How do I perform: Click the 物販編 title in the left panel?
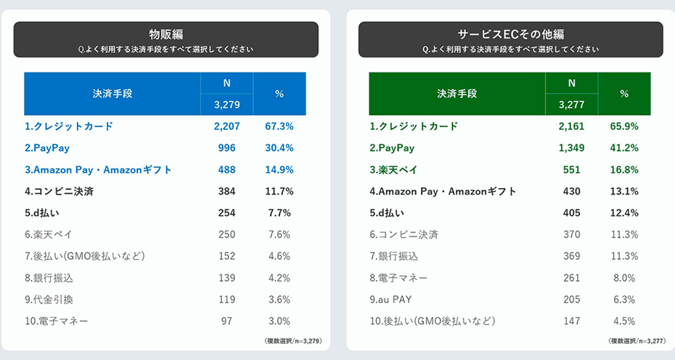(x=165, y=34)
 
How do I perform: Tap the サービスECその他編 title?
(x=510, y=34)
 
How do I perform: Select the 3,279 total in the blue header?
(x=226, y=105)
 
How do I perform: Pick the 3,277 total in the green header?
(x=571, y=105)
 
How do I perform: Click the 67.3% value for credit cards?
(x=279, y=126)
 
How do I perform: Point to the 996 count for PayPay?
(x=226, y=148)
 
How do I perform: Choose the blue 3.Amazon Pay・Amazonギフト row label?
(x=98, y=170)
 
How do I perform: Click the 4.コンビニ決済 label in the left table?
(x=59, y=192)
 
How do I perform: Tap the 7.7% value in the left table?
(x=279, y=213)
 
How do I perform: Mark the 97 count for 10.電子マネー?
(x=226, y=322)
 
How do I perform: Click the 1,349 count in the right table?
(x=571, y=148)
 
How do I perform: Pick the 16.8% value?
(x=623, y=170)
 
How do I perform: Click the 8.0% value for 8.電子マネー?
(x=623, y=278)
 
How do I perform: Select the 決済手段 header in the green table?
(x=457, y=94)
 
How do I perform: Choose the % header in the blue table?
(x=279, y=94)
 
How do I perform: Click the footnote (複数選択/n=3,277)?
(x=637, y=340)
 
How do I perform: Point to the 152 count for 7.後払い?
(x=226, y=256)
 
